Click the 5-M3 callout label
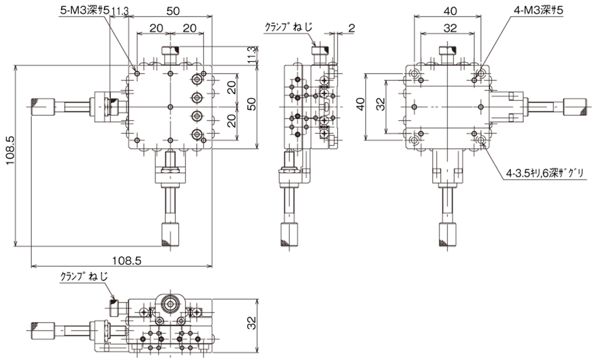[85, 11]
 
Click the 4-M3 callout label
[538, 10]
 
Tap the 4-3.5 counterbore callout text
[544, 173]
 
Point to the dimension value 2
[351, 27]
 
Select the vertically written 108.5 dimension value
[10, 150]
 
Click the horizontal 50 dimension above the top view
[173, 10]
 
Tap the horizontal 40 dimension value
[450, 11]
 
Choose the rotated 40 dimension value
[360, 104]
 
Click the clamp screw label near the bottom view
[84, 277]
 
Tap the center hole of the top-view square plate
[171, 107]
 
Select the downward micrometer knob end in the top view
[170, 235]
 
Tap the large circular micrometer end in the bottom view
[170, 303]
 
